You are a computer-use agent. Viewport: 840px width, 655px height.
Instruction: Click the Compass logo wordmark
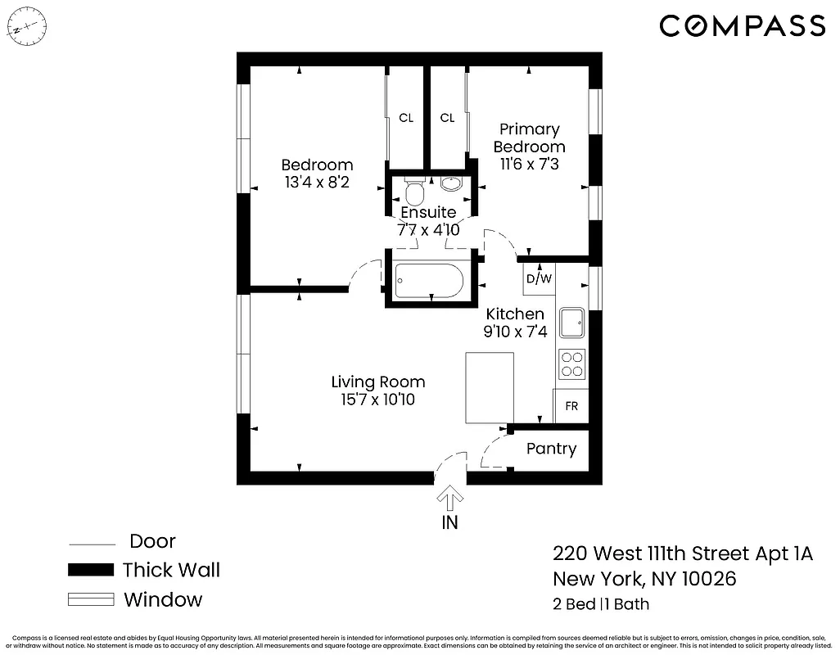click(x=742, y=25)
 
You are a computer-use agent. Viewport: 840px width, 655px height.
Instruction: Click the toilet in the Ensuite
click(x=414, y=193)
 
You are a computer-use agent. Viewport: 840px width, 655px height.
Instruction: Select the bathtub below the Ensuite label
click(x=428, y=281)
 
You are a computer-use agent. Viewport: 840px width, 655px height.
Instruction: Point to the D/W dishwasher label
click(x=539, y=278)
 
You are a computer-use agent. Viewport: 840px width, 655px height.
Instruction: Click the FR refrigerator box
click(x=571, y=406)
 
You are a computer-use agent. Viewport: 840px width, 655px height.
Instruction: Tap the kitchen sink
click(x=572, y=323)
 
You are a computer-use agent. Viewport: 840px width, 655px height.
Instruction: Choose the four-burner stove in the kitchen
click(x=572, y=364)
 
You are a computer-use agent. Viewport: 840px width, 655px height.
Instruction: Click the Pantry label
click(x=551, y=449)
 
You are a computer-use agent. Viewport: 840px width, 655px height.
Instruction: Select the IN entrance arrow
click(x=450, y=499)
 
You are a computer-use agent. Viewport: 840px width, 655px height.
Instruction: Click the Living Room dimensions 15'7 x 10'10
click(x=377, y=400)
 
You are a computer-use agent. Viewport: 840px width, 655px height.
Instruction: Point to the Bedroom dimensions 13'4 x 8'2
click(x=317, y=183)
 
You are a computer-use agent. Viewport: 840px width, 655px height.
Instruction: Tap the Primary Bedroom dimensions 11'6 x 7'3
click(x=529, y=165)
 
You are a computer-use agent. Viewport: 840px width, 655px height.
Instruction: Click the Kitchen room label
click(x=515, y=314)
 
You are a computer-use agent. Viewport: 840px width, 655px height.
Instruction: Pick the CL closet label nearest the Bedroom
click(x=406, y=118)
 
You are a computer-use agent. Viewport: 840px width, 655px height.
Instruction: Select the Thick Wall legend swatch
click(x=90, y=570)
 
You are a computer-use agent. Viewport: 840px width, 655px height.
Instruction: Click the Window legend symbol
click(x=90, y=599)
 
